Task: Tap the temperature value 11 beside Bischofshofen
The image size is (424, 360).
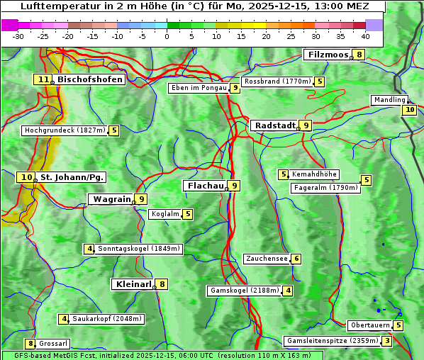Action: click(43, 80)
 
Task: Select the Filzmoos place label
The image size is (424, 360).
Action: click(328, 55)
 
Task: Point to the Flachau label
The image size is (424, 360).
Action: click(204, 186)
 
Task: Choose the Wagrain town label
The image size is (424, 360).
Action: click(111, 200)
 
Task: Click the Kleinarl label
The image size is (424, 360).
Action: click(133, 284)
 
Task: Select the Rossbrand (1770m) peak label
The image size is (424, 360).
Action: click(277, 81)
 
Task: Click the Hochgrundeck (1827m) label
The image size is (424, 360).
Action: click(65, 130)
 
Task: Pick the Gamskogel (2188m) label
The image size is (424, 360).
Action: click(245, 291)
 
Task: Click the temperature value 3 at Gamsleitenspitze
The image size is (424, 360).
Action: click(386, 341)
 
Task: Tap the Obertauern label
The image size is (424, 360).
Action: click(370, 325)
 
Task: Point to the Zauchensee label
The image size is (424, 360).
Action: click(267, 259)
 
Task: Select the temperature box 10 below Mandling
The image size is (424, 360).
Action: click(409, 110)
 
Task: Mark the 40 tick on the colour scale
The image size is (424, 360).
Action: click(365, 36)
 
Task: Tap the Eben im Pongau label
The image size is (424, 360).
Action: click(198, 88)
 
